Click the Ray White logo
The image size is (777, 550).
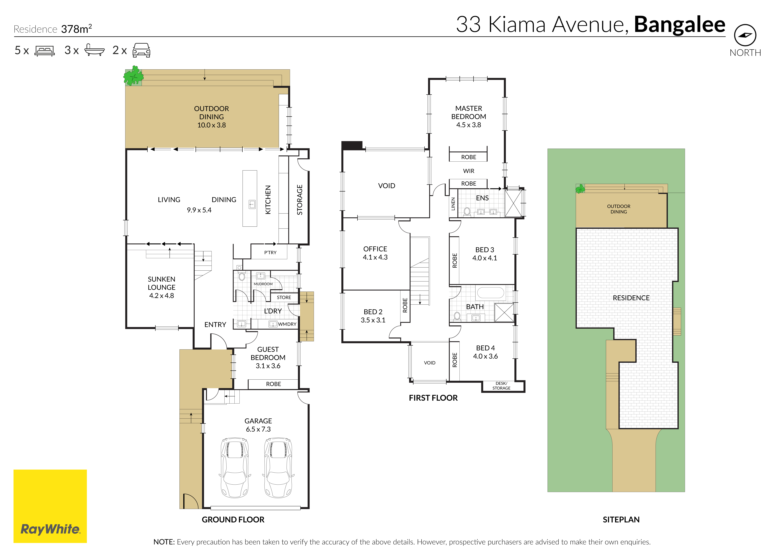coord(50,506)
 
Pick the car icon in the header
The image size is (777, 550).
coord(141,50)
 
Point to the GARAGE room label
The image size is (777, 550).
coord(258,421)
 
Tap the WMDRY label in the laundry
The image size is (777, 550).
coord(287,324)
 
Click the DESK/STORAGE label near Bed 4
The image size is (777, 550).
coord(501,386)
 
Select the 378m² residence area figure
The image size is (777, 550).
coord(76,29)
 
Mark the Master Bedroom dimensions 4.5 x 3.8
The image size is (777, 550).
coord(469,125)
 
